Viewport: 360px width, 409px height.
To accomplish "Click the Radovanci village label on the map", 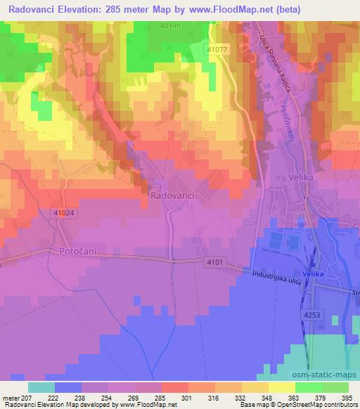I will [x=172, y=197].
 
